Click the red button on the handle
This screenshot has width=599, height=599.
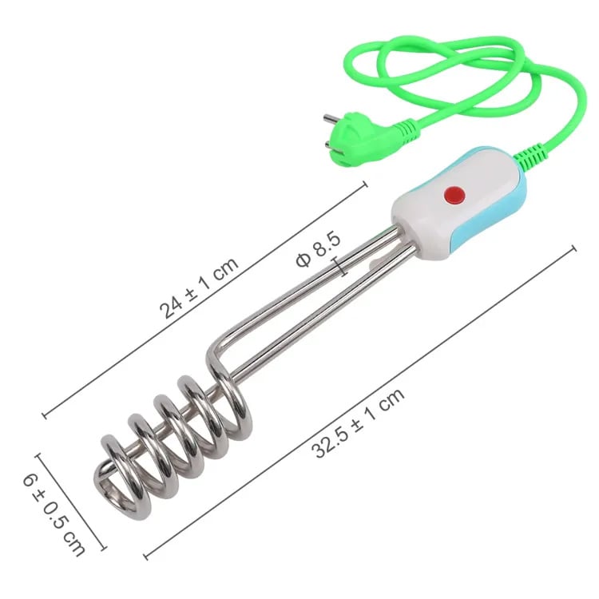454,195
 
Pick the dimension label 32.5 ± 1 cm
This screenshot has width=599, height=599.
358,422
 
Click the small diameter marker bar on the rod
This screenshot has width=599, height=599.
341,267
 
